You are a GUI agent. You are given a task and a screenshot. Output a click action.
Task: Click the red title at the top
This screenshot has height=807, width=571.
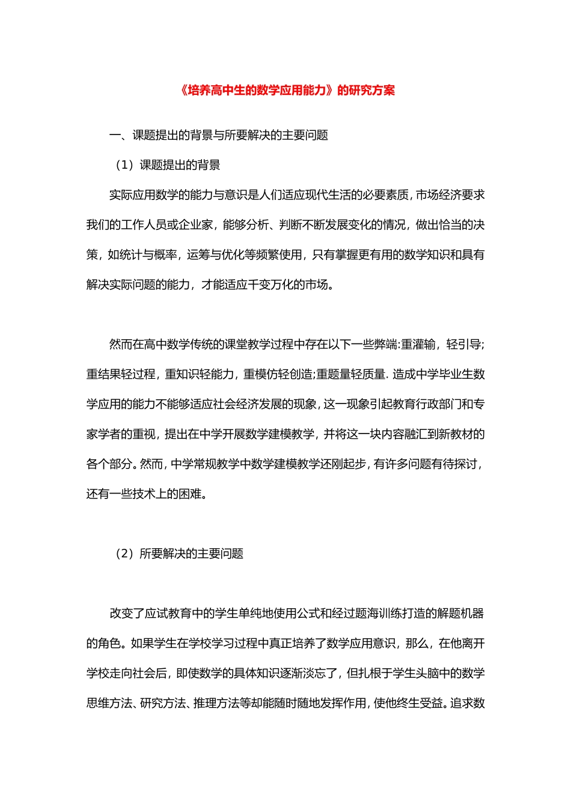(287, 91)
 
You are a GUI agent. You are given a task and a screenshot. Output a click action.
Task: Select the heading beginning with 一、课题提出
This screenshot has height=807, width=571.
(219, 135)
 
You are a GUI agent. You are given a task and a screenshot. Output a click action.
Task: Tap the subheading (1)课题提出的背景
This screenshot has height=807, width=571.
(168, 165)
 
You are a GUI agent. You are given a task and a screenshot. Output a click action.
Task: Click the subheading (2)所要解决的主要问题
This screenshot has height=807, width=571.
(179, 554)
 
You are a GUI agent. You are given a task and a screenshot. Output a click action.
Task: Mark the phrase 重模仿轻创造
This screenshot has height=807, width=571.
(278, 375)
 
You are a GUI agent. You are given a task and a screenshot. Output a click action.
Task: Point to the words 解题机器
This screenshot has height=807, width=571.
(461, 614)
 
